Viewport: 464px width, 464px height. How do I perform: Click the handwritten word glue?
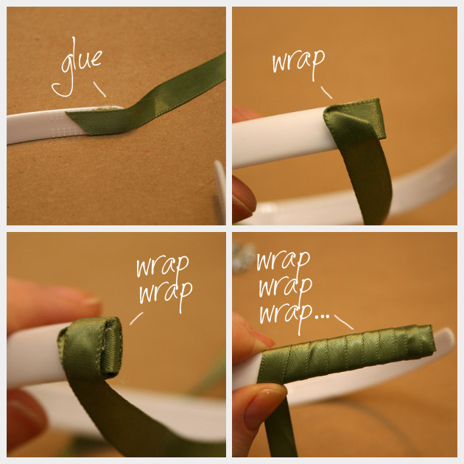point(77,68)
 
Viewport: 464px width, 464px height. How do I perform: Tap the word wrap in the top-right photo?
point(298,63)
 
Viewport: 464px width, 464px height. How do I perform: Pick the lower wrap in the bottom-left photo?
point(166,294)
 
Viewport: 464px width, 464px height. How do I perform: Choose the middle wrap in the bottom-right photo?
point(286,287)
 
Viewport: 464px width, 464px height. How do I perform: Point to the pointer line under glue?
point(99,89)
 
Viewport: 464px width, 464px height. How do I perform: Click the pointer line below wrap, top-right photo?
point(326,92)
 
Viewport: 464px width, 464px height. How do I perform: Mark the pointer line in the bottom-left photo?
point(136,319)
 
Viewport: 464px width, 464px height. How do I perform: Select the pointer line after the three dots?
point(344,322)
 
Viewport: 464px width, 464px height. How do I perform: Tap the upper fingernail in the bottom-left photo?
point(89,300)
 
